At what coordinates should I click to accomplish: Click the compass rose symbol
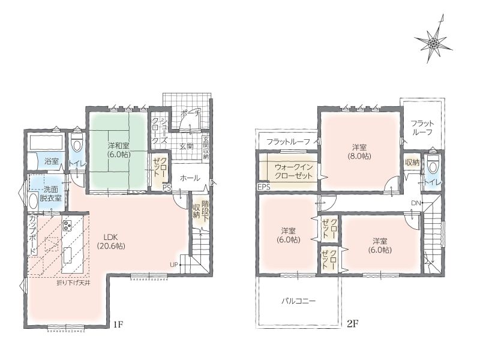[x=434, y=44]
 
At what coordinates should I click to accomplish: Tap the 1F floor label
[x=118, y=324]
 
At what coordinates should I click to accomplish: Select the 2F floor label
[x=353, y=323]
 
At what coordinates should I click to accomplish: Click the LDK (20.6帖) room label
[x=111, y=241]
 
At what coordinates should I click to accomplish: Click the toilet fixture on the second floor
[x=432, y=163]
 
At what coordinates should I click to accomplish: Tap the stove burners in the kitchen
[x=67, y=226]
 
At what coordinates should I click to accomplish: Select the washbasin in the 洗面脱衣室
[x=33, y=200]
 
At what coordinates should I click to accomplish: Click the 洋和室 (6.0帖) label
[x=118, y=149]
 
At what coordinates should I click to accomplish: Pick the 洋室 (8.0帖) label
[x=359, y=152]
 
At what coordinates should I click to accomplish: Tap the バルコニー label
[x=298, y=301]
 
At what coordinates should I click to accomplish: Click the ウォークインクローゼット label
[x=293, y=172]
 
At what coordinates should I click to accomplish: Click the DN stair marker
[x=416, y=203]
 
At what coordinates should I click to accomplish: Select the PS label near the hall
[x=167, y=188]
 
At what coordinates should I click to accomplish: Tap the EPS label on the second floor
[x=264, y=187]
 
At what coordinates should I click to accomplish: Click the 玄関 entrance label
[x=186, y=146]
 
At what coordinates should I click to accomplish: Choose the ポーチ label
[x=190, y=113]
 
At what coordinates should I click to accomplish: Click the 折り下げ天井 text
[x=73, y=283]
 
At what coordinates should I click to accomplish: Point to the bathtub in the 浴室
[x=46, y=142]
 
